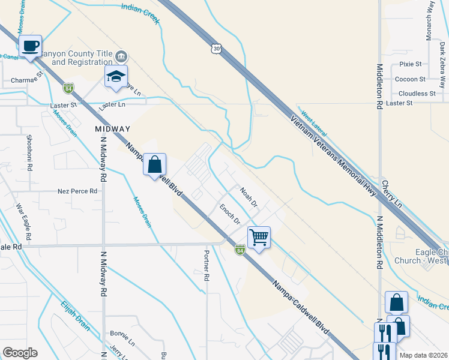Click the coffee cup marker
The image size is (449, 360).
coord(30,46)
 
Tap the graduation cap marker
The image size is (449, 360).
coord(116,77)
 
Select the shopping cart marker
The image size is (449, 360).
coord(259,237)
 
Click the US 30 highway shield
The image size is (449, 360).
coord(216,47)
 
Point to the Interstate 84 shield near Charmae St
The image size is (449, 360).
coord(68,88)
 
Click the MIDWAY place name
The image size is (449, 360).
coord(112,129)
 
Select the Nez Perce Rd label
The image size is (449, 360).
coord(77,191)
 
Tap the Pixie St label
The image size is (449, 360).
coord(411,64)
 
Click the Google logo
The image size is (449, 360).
coord(20,352)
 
